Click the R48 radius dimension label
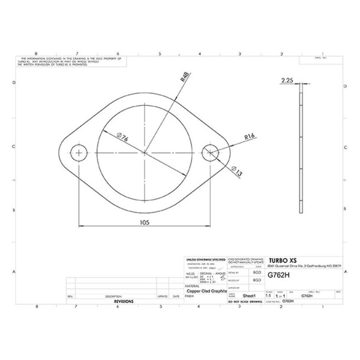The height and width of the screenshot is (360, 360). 185,77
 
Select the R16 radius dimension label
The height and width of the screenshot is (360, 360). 249,137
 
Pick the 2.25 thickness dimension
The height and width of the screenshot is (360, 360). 288,79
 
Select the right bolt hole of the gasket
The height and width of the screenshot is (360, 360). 210,152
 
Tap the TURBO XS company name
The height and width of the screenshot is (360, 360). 283,260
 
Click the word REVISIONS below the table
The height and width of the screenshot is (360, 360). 124,302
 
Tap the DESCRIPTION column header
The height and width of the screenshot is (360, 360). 114,296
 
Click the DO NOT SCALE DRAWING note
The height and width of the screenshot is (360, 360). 245,302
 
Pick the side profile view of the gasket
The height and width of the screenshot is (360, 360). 301,148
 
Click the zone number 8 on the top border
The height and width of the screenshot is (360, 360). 36,54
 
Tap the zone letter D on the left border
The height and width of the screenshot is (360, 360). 14,83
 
